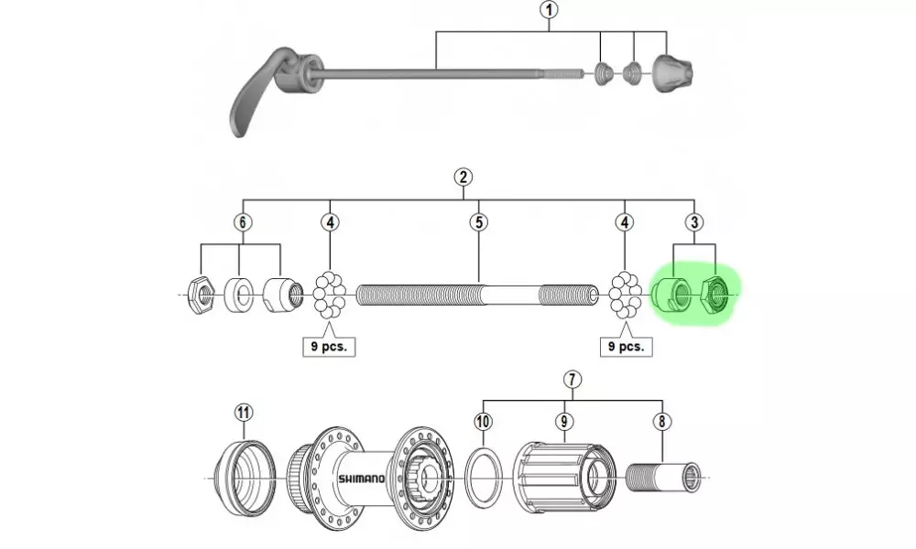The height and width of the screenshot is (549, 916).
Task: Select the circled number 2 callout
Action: (x=463, y=178)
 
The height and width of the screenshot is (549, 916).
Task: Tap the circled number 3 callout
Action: (x=694, y=222)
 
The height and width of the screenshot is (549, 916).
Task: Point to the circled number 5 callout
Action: (x=477, y=222)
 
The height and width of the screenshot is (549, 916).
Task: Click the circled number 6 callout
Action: (x=243, y=222)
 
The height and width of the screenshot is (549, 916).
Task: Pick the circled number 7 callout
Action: (x=572, y=378)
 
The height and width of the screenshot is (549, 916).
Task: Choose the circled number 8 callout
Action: (x=661, y=422)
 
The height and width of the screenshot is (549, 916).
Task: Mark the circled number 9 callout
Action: (x=565, y=422)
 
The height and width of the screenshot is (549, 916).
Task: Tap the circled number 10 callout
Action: (x=484, y=422)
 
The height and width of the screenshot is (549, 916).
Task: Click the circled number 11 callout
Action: (x=243, y=412)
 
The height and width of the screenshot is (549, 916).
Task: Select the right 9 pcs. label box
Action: (x=626, y=347)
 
